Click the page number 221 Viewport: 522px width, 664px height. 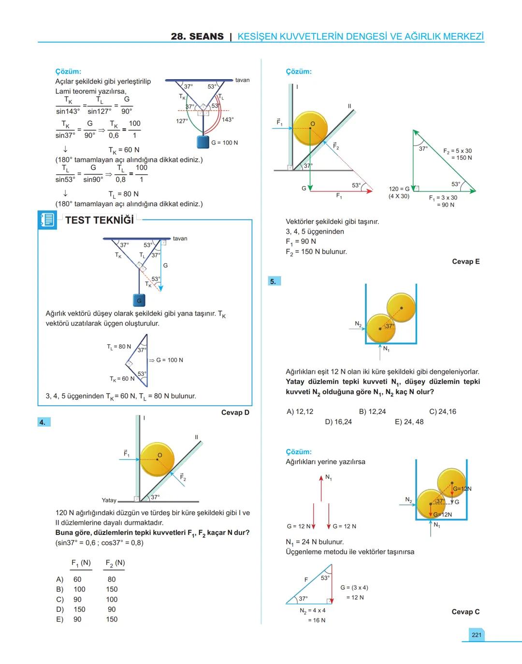pos(476,635)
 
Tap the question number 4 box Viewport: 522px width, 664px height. pos(43,422)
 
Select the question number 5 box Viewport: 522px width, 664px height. pos(274,281)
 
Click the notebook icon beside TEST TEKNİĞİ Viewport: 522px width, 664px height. pos(47,220)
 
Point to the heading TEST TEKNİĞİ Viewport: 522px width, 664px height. pos(99,220)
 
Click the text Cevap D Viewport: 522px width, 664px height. pos(235,413)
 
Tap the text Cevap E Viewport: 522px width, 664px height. pos(465,262)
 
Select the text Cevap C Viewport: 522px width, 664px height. pos(465,612)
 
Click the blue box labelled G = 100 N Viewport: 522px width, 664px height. pos(203,142)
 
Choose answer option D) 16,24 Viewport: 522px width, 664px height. pos(338,422)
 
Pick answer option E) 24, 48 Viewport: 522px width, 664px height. pos(409,422)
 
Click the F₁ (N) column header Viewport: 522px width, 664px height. pos(81,563)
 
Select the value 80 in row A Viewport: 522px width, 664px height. pos(112,579)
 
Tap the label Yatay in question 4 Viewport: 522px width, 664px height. pos(109,500)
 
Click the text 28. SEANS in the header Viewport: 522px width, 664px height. pos(197,37)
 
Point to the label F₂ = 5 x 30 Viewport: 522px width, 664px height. pos(457,151)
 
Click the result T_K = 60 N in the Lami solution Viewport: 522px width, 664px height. pos(124,150)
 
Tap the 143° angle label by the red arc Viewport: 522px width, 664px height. pos(228,119)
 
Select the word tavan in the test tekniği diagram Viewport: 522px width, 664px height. pos(180,238)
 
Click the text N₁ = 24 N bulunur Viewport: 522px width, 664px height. pos(315,542)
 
